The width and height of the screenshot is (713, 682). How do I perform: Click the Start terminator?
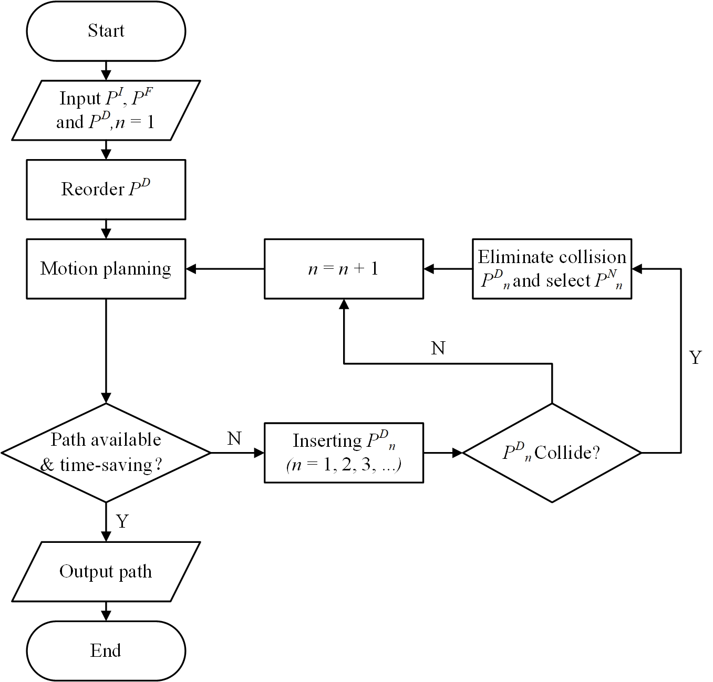106,30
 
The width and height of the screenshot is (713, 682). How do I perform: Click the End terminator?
106,650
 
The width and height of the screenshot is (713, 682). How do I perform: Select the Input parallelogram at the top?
106,110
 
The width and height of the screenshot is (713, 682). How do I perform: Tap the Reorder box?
106,189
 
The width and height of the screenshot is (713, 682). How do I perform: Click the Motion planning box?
106,269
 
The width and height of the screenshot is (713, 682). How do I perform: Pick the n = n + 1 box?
344,269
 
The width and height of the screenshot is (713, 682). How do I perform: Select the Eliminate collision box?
552,269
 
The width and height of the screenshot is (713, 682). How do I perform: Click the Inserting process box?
344,453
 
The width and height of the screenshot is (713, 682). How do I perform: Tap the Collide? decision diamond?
552,453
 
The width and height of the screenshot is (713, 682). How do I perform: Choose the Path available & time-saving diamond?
106,453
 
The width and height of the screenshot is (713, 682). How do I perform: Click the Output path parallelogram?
106,571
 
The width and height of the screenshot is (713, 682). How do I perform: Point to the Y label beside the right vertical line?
695,358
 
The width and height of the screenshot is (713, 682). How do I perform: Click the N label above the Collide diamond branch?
438,348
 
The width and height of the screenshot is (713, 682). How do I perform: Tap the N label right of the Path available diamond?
234,438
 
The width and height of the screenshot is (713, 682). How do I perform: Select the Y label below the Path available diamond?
122,521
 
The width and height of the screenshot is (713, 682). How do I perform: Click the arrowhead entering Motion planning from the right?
191,269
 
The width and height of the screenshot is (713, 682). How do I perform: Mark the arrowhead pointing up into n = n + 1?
344,305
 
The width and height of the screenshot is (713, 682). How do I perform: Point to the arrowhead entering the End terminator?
106,616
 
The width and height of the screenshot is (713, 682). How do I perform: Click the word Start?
106,30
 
